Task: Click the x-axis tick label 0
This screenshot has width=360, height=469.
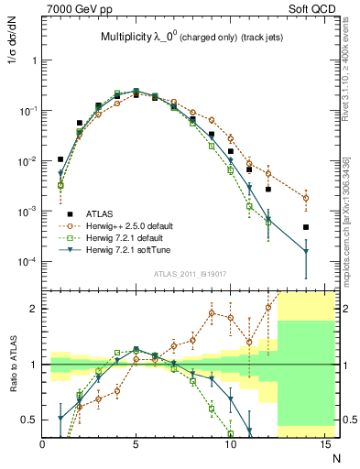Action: click(43, 443)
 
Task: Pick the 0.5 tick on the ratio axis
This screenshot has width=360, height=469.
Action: click(31, 420)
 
